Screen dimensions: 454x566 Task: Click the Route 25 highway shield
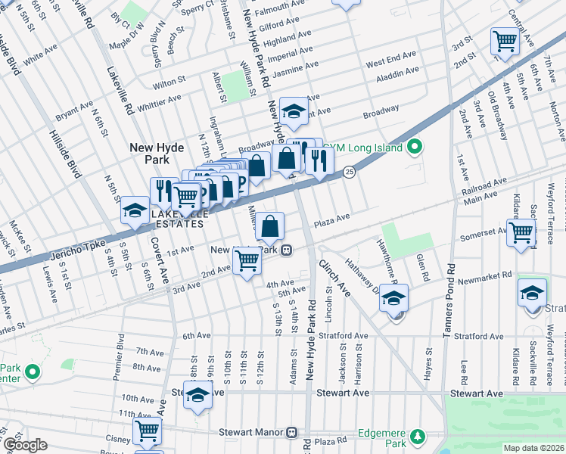point(348,173)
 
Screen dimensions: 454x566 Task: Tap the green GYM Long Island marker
point(414,147)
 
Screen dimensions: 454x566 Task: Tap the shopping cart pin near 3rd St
point(504,41)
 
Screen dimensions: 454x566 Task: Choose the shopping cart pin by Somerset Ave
point(521,232)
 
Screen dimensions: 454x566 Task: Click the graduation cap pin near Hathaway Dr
point(394,300)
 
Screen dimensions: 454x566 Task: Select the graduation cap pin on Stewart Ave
point(198,396)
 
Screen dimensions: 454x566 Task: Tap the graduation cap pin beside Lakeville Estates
point(135,210)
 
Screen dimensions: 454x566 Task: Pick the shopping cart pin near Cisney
point(147,431)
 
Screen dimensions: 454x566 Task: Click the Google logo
point(24,445)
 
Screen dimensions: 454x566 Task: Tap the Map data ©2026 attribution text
point(533,448)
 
